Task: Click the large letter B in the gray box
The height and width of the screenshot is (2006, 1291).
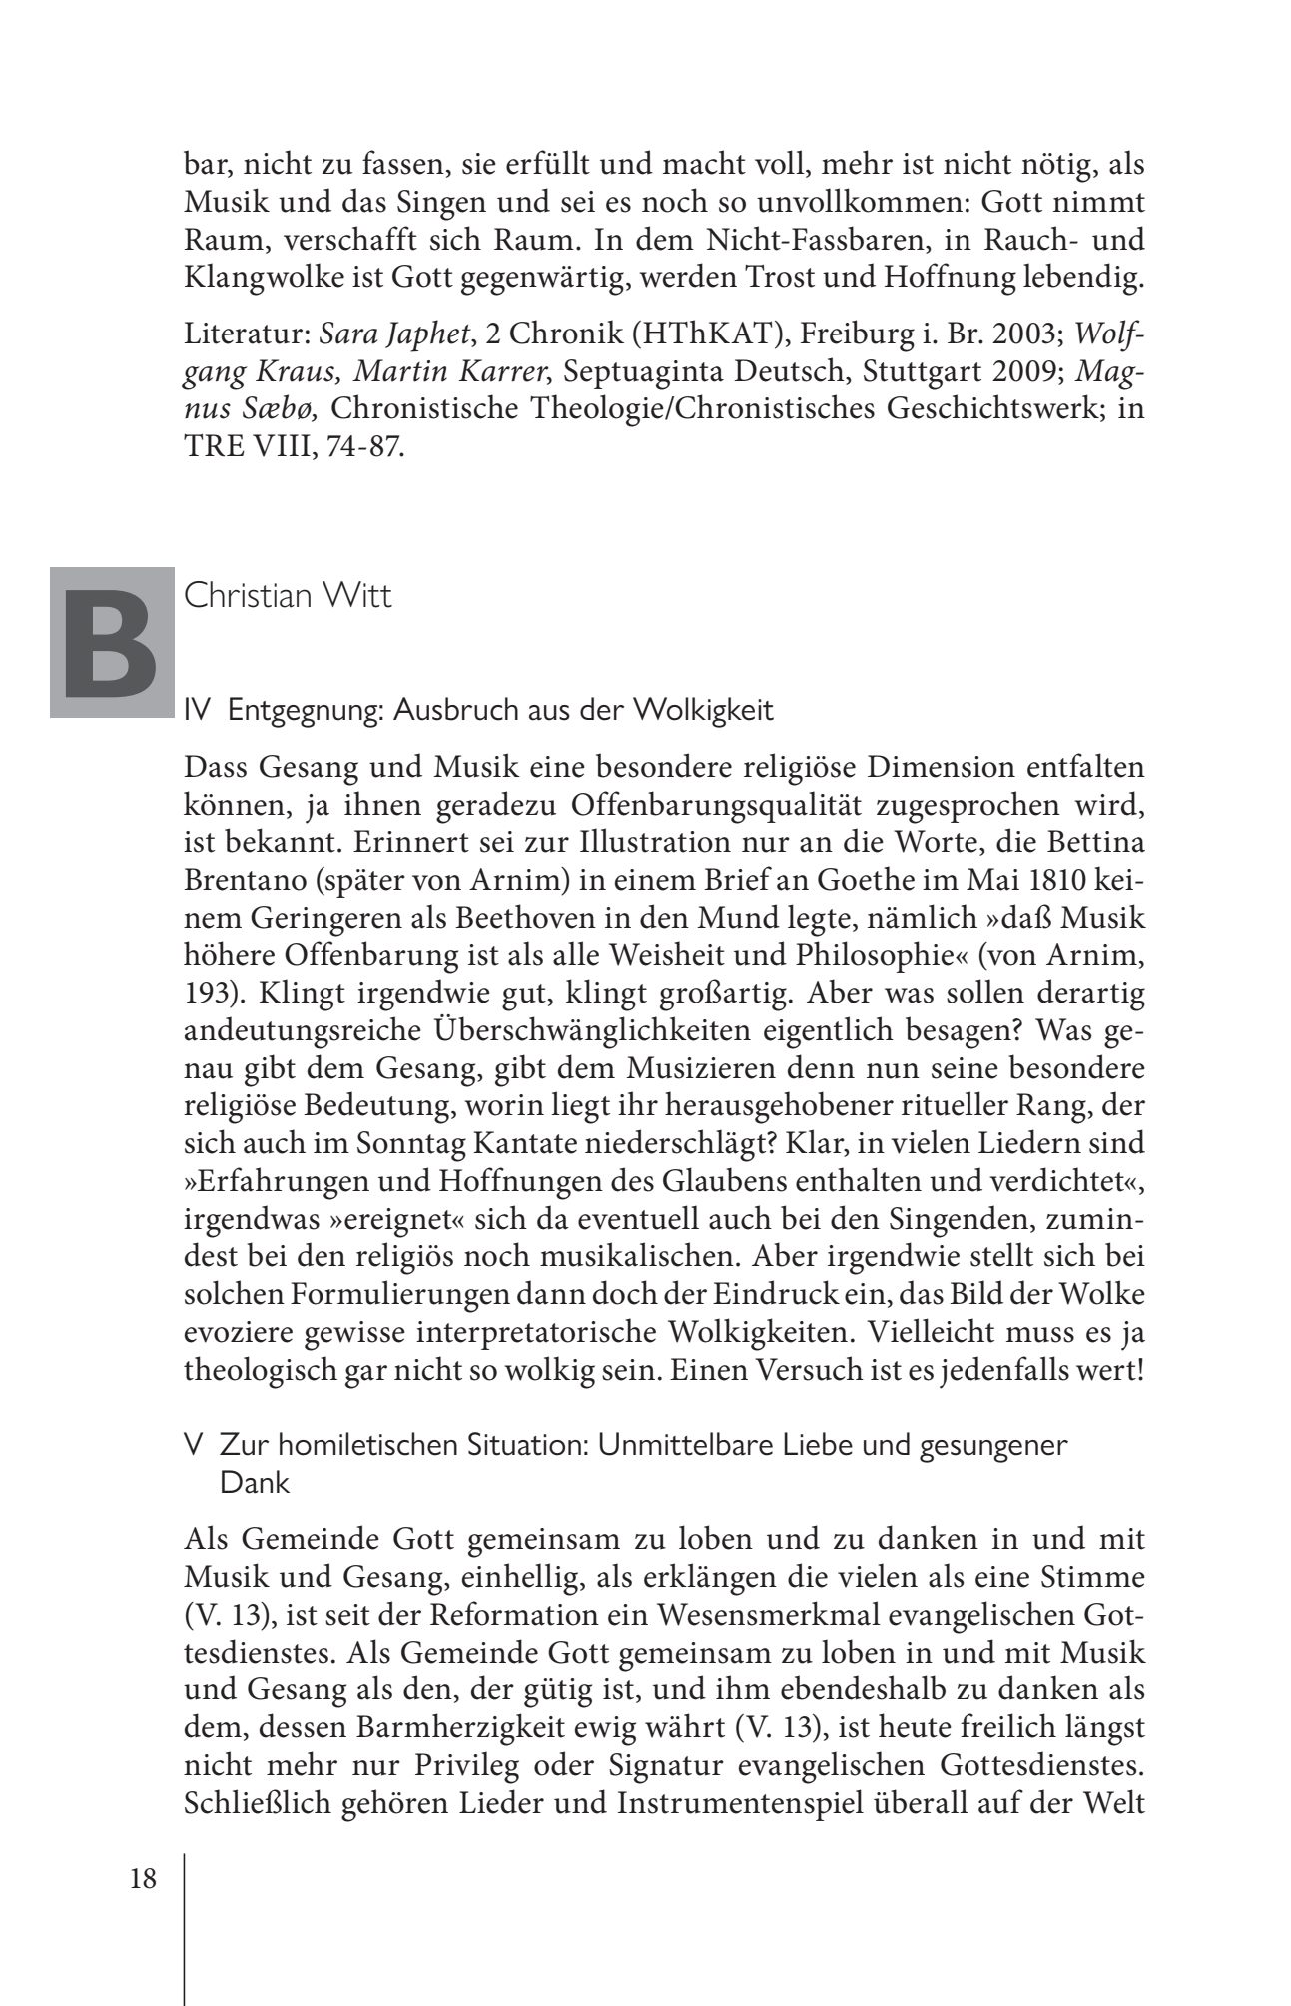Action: (111, 642)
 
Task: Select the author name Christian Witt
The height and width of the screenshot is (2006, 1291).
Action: (288, 596)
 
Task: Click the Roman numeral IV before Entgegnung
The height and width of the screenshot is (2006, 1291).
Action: (197, 710)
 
